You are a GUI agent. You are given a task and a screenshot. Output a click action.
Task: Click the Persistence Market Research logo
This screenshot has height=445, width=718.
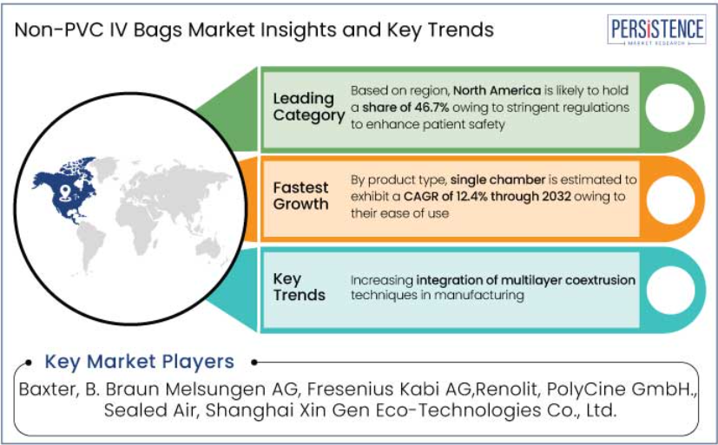[x=656, y=29]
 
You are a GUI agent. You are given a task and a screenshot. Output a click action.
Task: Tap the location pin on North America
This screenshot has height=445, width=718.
[x=65, y=192]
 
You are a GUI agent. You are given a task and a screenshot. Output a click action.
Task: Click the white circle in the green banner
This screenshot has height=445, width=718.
[x=669, y=108]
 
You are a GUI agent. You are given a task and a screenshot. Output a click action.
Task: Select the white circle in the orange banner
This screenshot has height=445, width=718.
[x=670, y=200]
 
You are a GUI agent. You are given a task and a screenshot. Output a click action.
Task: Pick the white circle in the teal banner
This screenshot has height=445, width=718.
[x=670, y=290]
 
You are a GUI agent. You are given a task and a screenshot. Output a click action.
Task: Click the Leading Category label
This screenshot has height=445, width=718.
[x=308, y=107]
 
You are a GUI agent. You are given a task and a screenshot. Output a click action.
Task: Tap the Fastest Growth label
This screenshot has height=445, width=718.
[x=301, y=196]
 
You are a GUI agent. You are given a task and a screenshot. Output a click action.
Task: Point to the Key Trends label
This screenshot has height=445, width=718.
[x=299, y=287]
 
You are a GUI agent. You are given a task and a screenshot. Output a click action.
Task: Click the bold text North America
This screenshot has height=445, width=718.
[x=497, y=90]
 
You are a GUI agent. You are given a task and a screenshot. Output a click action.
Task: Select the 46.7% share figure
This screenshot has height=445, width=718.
[x=431, y=108]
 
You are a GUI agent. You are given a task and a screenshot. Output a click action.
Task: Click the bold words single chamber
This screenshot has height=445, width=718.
[x=497, y=180]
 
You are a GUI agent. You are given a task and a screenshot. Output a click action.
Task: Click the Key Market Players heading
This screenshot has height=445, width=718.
[x=139, y=362]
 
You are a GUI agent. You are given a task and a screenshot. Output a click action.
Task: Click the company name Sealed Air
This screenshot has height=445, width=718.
[x=150, y=410]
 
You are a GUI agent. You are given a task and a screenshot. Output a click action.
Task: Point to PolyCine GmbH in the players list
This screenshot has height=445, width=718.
[x=620, y=389]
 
